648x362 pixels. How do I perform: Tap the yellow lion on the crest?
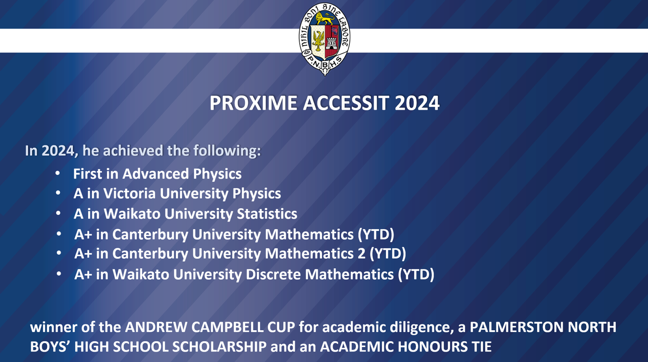tap(325, 18)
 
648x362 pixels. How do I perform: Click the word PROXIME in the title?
tap(253, 103)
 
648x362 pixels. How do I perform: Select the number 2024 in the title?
tap(417, 103)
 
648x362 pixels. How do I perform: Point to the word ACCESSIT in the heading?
tap(346, 103)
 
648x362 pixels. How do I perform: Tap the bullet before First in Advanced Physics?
tap(58, 173)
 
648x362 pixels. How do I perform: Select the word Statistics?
tap(267, 214)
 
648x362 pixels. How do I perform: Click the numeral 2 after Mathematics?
tap(362, 254)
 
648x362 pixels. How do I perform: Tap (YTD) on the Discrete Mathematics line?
tap(416, 274)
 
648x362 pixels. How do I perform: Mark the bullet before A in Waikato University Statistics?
tap(58, 213)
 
